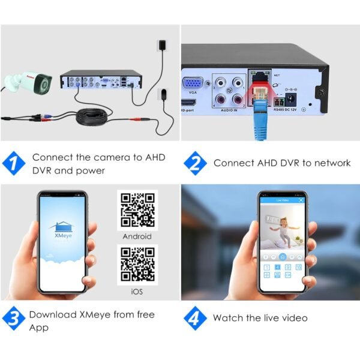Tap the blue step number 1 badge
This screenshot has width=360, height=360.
point(15,164)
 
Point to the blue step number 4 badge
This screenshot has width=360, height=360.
point(195,318)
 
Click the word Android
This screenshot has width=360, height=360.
point(137,236)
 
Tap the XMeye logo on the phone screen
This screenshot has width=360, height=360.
point(62,228)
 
